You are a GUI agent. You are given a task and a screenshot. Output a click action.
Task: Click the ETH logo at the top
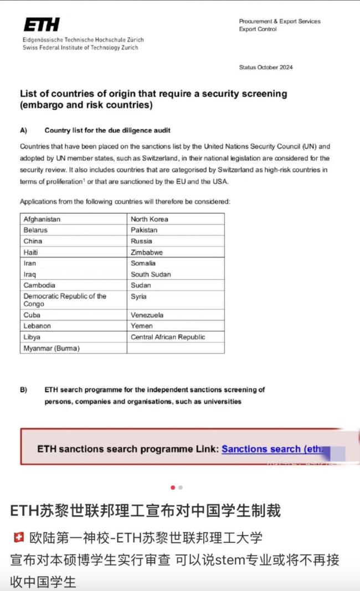click(42, 24)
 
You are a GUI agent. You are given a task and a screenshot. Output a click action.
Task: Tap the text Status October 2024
click(266, 68)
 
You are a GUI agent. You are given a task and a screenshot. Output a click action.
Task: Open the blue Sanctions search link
click(271, 449)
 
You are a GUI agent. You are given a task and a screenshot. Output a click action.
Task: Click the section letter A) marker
click(24, 131)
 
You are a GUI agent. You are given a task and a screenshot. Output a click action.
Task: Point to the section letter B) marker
click(24, 390)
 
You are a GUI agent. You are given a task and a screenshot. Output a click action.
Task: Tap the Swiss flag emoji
click(18, 537)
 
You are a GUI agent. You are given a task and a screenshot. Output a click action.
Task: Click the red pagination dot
click(173, 487)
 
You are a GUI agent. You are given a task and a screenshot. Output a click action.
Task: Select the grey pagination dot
click(181, 487)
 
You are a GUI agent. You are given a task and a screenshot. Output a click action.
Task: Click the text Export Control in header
click(258, 29)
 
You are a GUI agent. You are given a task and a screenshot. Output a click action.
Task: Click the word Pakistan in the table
click(144, 230)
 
